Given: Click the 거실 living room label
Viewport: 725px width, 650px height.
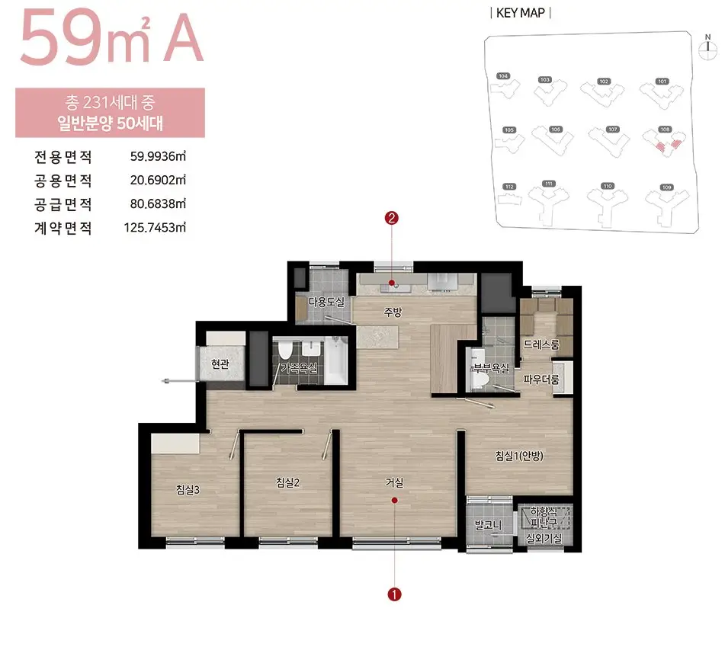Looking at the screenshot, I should [394, 482].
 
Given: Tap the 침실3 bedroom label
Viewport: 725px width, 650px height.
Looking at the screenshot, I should [188, 490].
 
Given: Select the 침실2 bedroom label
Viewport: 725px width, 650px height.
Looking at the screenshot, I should [287, 482].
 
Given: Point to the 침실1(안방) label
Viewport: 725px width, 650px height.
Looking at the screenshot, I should [518, 456].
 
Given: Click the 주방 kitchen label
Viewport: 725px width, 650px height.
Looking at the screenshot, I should [392, 311].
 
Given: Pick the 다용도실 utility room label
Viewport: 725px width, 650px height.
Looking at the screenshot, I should [326, 302].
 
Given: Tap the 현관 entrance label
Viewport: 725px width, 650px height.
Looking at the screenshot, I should [220, 365].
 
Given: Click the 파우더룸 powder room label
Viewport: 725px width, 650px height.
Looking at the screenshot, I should [541, 379].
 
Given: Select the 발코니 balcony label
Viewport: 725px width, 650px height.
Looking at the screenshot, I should [486, 525].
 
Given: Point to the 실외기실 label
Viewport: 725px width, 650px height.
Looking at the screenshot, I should [544, 539].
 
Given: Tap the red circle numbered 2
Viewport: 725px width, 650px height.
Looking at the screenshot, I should [392, 219].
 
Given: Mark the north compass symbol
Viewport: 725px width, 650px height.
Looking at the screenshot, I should [707, 45].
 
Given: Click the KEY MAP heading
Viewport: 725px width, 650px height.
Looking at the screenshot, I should [521, 13].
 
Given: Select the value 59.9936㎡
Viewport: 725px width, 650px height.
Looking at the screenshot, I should [159, 157].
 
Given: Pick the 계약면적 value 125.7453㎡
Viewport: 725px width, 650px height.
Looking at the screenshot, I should [155, 227].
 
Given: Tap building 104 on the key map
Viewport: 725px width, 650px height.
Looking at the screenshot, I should [503, 85].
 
